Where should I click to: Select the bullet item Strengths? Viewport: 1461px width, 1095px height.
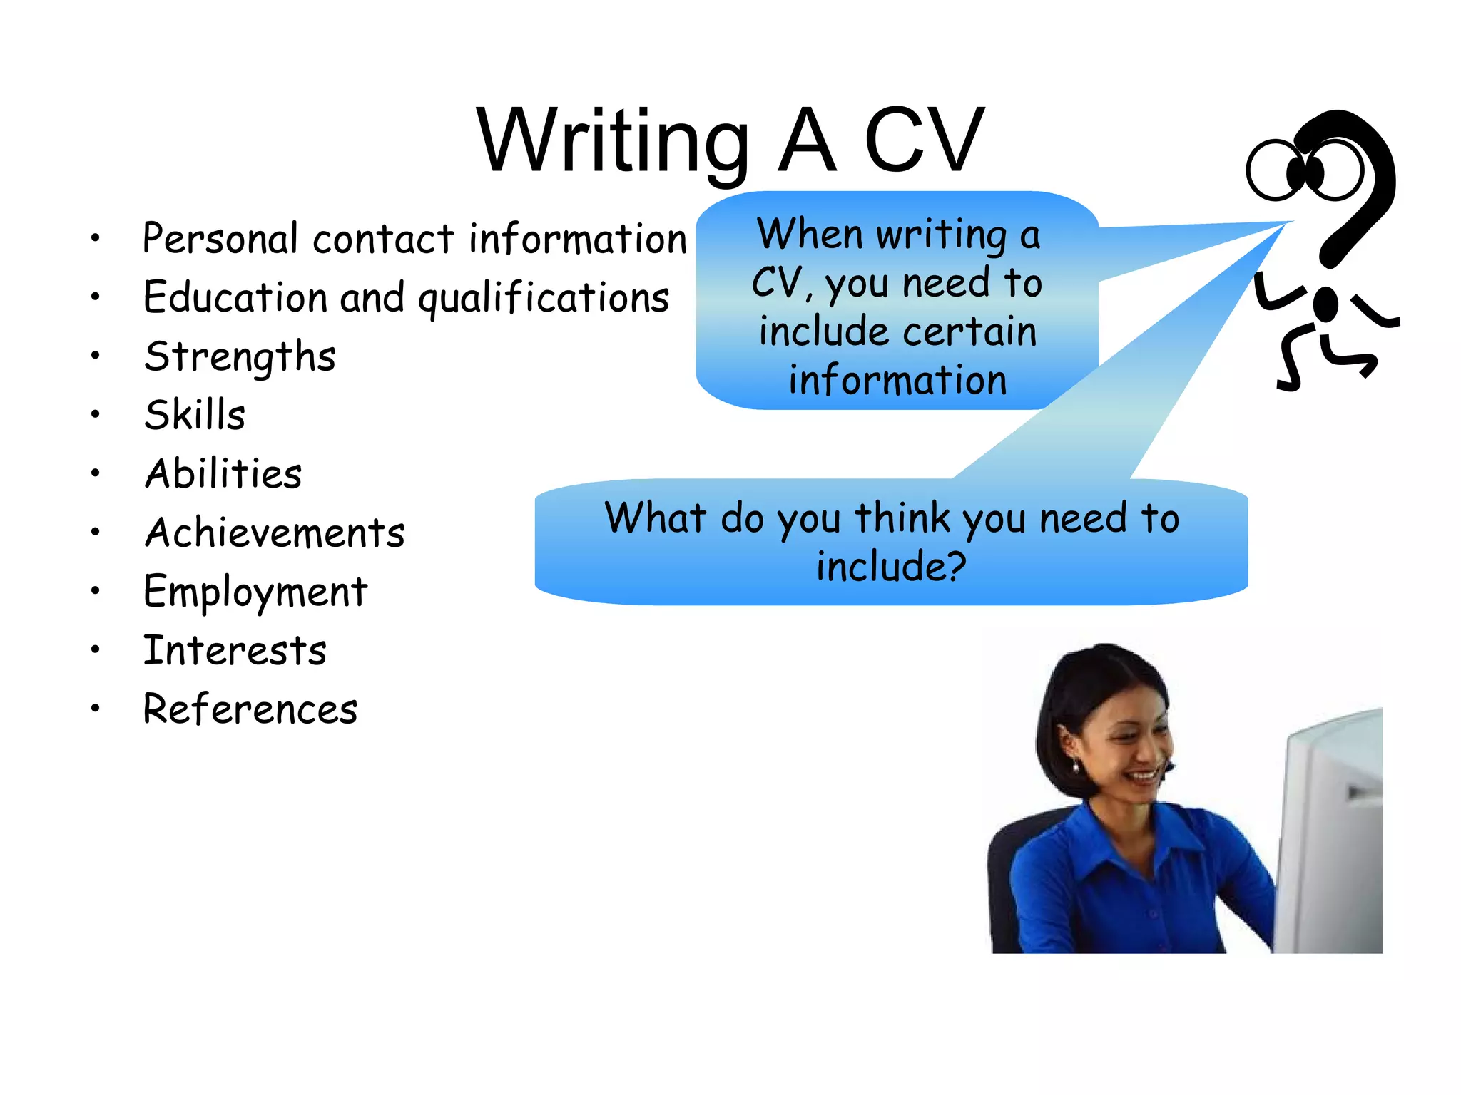pos(240,356)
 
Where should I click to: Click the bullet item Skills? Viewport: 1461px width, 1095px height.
pos(195,415)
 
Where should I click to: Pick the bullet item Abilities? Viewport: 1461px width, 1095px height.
pos(223,473)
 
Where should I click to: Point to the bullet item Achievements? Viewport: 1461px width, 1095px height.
pos(275,533)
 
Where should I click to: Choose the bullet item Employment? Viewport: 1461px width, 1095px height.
pos(255,592)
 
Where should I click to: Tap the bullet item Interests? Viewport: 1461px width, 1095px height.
pos(235,650)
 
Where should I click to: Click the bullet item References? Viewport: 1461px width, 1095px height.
pos(250,709)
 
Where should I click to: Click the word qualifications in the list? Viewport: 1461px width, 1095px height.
pos(544,298)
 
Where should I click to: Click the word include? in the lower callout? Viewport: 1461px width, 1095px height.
pos(891,567)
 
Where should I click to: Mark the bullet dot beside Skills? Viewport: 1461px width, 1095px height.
pos(95,414)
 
